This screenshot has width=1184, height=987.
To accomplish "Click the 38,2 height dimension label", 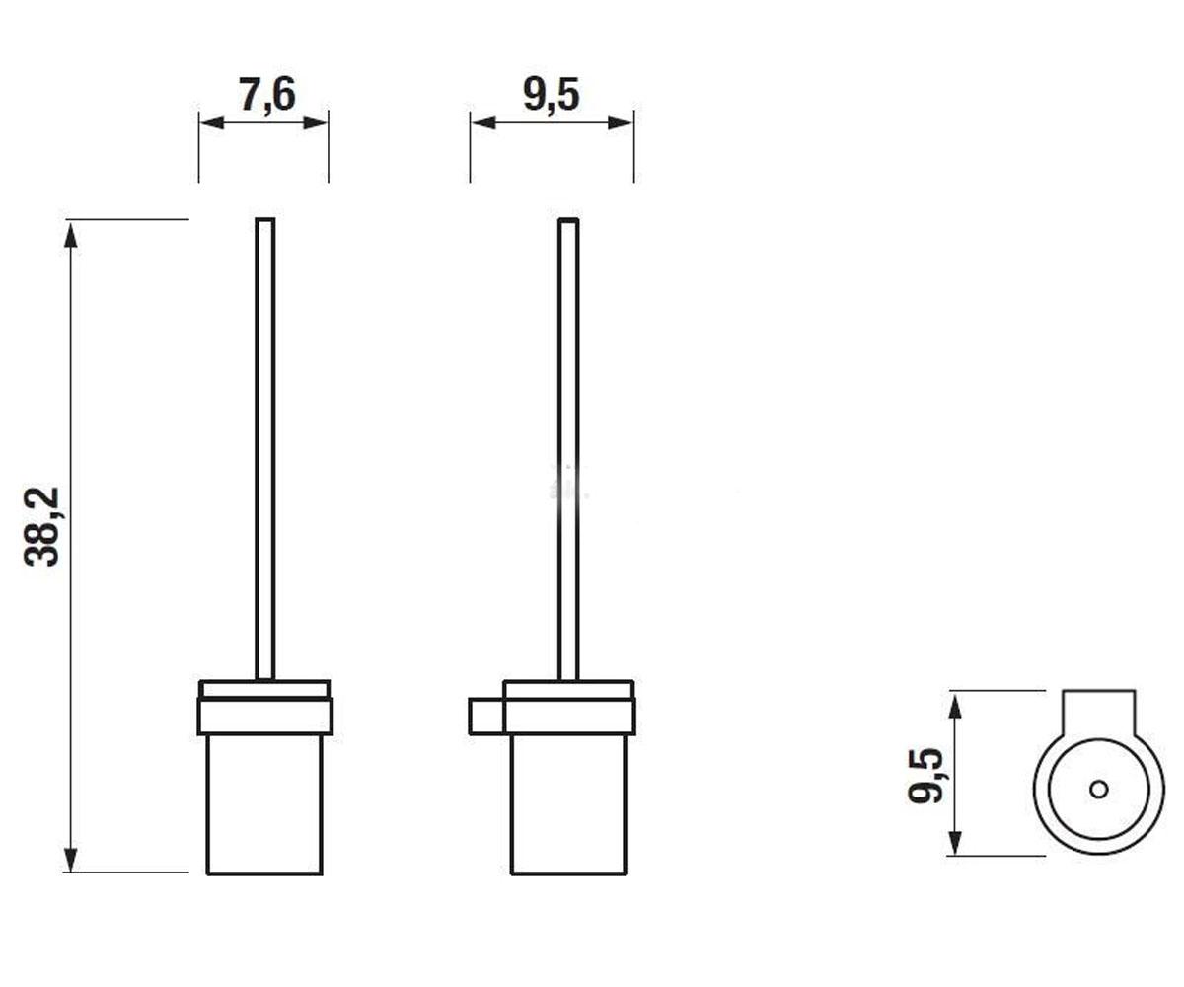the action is coord(42,527).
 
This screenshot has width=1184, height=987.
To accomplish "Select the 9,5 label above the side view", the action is coord(552,95).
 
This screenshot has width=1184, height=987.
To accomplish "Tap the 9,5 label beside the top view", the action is coord(925,776).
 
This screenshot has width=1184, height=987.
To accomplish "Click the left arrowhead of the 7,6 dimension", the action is coord(211,122).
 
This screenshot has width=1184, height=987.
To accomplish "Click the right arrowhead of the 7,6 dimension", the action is coord(316,122).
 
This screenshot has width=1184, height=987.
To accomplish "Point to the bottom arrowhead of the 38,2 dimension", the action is coord(70,859).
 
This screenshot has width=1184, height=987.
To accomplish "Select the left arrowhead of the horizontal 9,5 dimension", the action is coord(483,122).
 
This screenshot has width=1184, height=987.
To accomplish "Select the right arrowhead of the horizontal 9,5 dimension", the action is coord(621,122).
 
